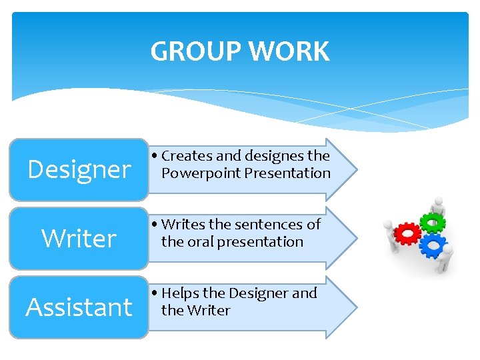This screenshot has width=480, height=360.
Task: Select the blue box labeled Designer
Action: [79, 169]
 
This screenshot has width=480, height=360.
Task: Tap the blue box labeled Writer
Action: [79, 238]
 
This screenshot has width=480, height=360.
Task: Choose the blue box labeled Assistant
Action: [79, 307]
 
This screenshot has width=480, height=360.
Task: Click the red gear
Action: [406, 233]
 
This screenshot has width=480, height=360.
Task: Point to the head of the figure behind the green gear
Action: [438, 201]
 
